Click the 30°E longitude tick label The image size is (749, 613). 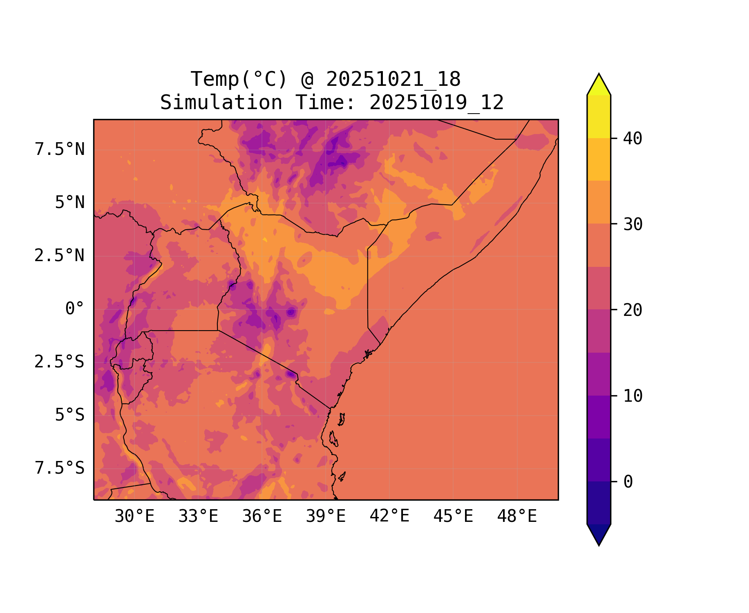[x=134, y=517]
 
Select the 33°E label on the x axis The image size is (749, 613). [x=198, y=517]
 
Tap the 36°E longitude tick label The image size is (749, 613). [x=262, y=517]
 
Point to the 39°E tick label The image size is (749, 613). [x=326, y=517]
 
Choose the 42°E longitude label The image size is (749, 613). [x=389, y=516]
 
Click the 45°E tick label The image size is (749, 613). [x=453, y=517]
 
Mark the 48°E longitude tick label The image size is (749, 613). [x=517, y=517]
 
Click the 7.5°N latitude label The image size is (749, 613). [x=60, y=150]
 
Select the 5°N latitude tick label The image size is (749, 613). [x=70, y=203]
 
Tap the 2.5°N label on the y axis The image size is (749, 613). [x=60, y=256]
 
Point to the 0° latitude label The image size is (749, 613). [x=75, y=309]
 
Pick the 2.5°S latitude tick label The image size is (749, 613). [x=60, y=362]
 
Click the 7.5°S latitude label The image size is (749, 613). [x=60, y=468]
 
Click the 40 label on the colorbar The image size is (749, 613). [x=633, y=139]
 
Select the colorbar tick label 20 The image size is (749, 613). [x=633, y=310]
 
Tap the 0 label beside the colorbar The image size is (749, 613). [x=628, y=482]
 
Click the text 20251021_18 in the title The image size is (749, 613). [x=393, y=79]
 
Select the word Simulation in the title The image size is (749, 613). [x=221, y=103]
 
